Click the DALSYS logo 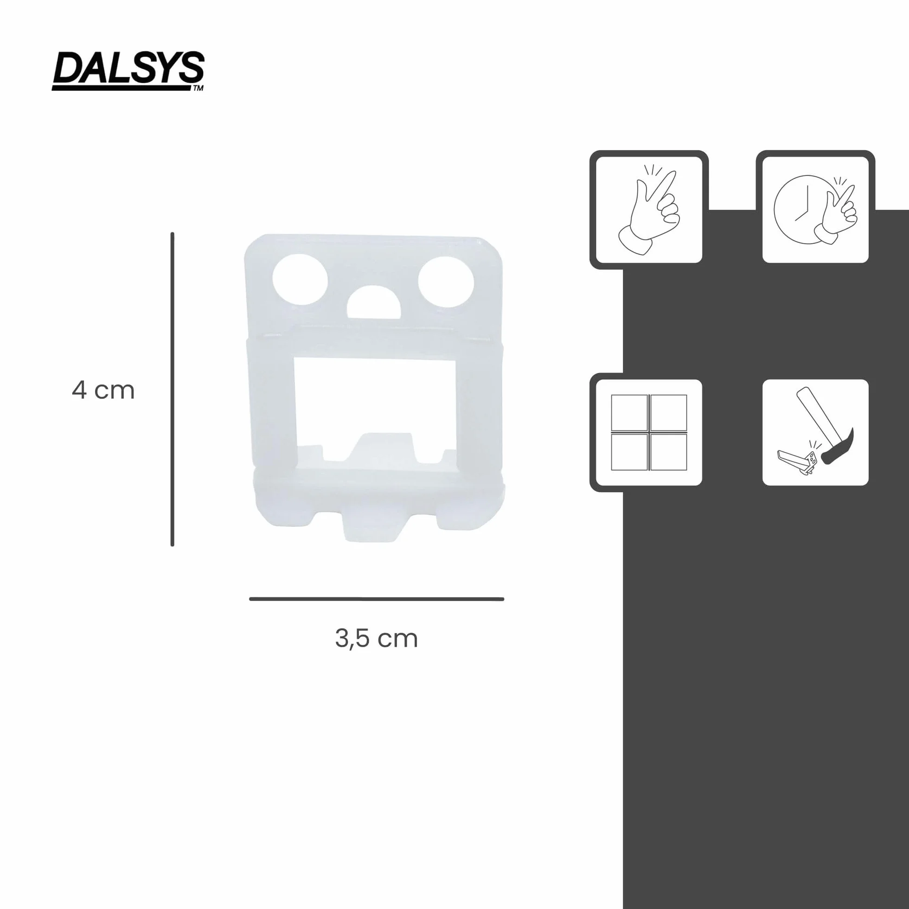click(128, 71)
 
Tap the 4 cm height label click(103, 390)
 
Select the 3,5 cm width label click(377, 639)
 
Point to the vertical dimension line click(172, 389)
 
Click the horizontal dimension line click(377, 599)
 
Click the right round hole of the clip click(446, 282)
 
